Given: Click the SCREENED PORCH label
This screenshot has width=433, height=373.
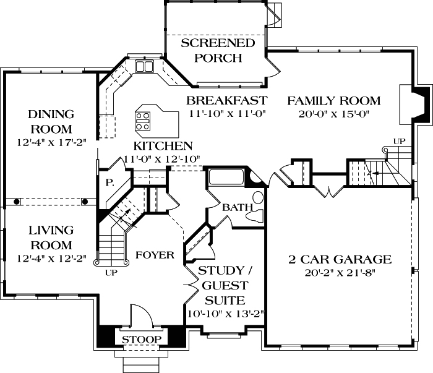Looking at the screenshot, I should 209,51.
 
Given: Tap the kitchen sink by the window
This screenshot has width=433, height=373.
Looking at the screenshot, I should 145,66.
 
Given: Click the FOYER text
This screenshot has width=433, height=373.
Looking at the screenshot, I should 154,254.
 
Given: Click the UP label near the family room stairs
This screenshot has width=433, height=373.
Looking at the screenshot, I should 400,142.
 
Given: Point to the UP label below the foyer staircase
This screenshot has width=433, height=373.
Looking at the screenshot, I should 111,272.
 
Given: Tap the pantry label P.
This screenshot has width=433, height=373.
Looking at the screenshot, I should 109,182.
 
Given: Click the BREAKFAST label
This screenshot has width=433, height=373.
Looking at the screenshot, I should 227,100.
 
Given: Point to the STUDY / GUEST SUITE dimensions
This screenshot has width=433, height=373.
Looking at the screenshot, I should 226,313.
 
